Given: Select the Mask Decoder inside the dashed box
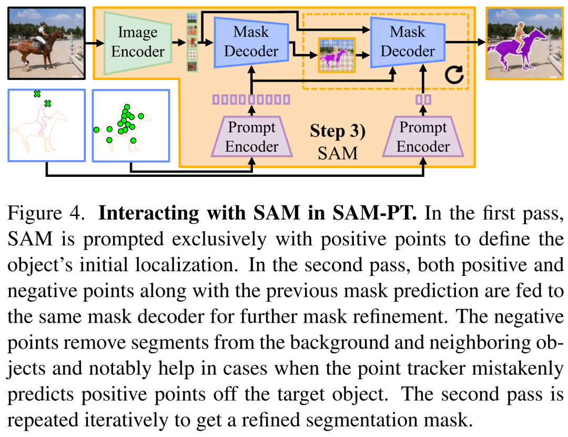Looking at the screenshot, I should (x=407, y=42).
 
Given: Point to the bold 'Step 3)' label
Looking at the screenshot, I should (x=337, y=131).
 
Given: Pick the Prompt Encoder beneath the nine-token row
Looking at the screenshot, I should (x=251, y=137).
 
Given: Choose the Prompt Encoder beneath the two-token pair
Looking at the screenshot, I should (x=423, y=137).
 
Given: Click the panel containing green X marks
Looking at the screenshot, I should (x=46, y=125).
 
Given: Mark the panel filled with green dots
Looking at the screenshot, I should (x=131, y=125).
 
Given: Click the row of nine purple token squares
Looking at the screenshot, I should (x=251, y=99).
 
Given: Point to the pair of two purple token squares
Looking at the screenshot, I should (x=423, y=99).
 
